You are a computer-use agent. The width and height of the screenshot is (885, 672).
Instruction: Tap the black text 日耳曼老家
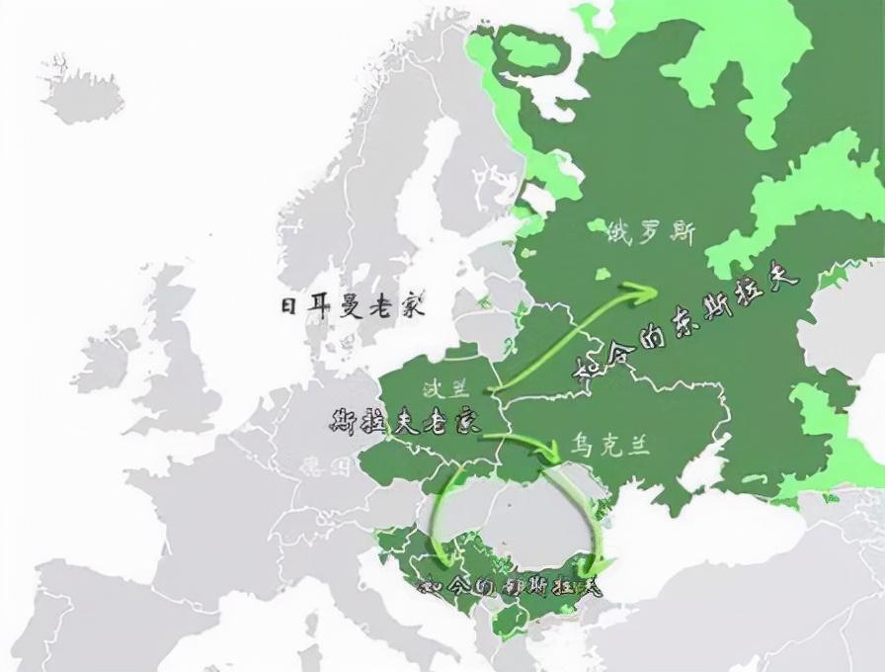352,305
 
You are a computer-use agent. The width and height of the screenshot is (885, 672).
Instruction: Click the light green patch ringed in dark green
528,52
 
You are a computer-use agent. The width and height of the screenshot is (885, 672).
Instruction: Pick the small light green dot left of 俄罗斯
597,227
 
